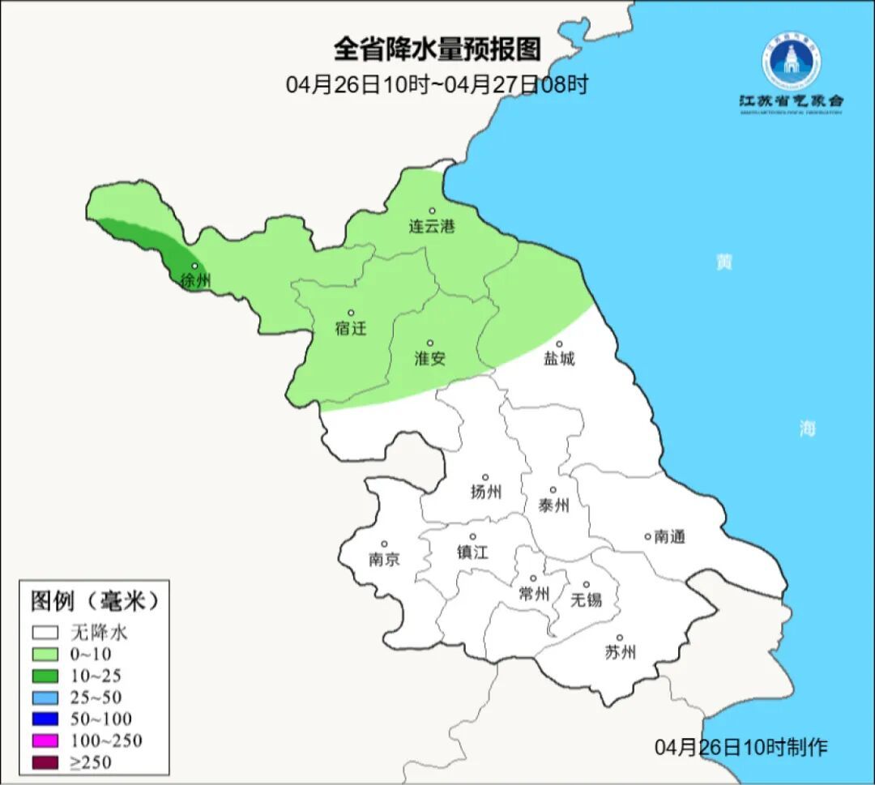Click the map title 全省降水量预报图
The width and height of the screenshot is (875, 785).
(x=437, y=49)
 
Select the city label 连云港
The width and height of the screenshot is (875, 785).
(x=432, y=227)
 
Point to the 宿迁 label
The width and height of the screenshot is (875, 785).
(x=351, y=328)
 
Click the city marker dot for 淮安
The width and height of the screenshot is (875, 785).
(x=430, y=343)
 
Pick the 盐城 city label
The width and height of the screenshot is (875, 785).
(x=558, y=359)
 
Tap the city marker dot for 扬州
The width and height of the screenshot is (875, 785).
(x=485, y=477)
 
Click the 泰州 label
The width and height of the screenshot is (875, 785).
(x=553, y=506)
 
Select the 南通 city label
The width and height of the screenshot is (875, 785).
(x=670, y=536)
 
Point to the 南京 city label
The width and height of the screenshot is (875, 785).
(x=384, y=559)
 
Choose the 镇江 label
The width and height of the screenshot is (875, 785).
(x=473, y=552)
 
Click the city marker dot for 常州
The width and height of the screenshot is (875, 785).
(x=532, y=578)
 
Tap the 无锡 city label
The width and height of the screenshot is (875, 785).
(x=587, y=599)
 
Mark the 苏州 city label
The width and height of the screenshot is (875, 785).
(x=621, y=652)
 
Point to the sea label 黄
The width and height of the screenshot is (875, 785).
(x=723, y=262)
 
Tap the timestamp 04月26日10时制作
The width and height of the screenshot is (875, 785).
(x=741, y=747)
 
